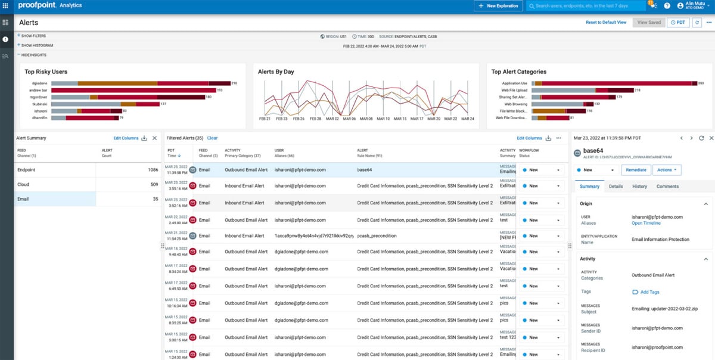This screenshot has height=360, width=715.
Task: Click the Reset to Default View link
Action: pyautogui.click(x=606, y=22)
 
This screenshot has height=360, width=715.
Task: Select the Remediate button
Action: pyautogui.click(x=636, y=170)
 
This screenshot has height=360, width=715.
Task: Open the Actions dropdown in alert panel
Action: pyautogui.click(x=667, y=170)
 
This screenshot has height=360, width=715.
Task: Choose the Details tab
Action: pyautogui.click(x=615, y=187)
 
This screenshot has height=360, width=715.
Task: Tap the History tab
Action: pyautogui.click(x=639, y=187)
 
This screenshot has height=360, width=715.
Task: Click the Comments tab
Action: pyautogui.click(x=667, y=187)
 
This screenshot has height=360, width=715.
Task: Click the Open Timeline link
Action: pyautogui.click(x=646, y=224)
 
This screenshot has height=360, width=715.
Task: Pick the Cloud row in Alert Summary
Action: pyautogui.click(x=24, y=185)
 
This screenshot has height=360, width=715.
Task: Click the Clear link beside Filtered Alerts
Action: pyautogui.click(x=212, y=138)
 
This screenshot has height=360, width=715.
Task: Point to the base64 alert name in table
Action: pyautogui.click(x=364, y=170)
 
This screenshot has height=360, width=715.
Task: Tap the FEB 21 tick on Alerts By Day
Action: pyautogui.click(x=265, y=119)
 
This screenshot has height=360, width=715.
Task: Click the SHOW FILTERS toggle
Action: pyautogui.click(x=33, y=36)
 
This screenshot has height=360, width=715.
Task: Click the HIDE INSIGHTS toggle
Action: pyautogui.click(x=33, y=54)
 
